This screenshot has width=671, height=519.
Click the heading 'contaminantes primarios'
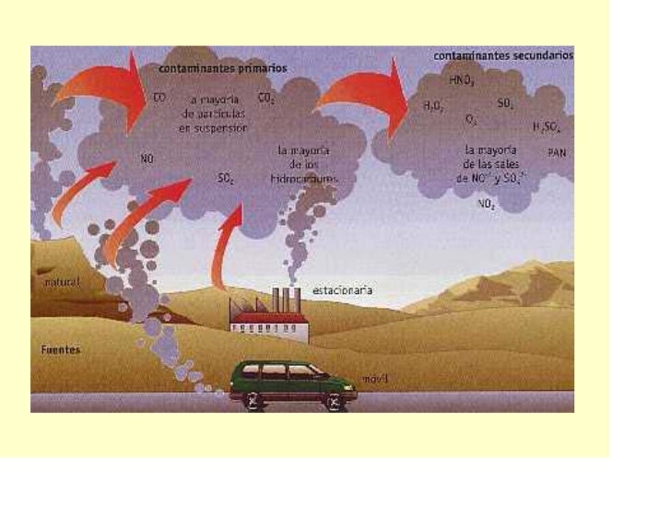pyautogui.click(x=222, y=67)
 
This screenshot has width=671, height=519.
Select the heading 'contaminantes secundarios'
pyautogui.click(x=503, y=55)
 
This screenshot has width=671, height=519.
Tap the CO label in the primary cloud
pyautogui.click(x=159, y=96)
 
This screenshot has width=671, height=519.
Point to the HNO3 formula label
pyautogui.click(x=461, y=80)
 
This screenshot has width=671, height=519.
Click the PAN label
pyautogui.click(x=557, y=153)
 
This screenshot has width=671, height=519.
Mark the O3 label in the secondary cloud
pyautogui.click(x=471, y=121)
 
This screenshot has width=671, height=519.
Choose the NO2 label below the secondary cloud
pyautogui.click(x=487, y=205)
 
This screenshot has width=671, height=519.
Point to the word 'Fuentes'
pyautogui.click(x=61, y=350)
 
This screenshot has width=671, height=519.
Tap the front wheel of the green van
pyautogui.click(x=335, y=400)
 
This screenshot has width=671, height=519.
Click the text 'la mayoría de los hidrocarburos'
pyautogui.click(x=308, y=163)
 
